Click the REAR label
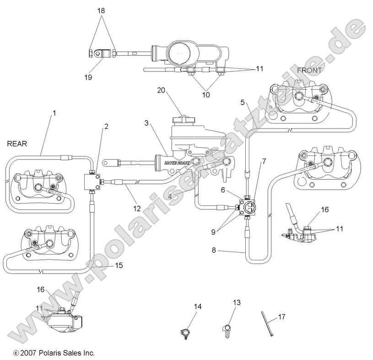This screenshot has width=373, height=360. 17,144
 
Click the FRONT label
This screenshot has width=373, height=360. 310,70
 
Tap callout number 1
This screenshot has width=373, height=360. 54,112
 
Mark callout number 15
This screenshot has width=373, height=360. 119,265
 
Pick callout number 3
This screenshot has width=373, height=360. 146,123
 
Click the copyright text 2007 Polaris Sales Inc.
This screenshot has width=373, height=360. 54,353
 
